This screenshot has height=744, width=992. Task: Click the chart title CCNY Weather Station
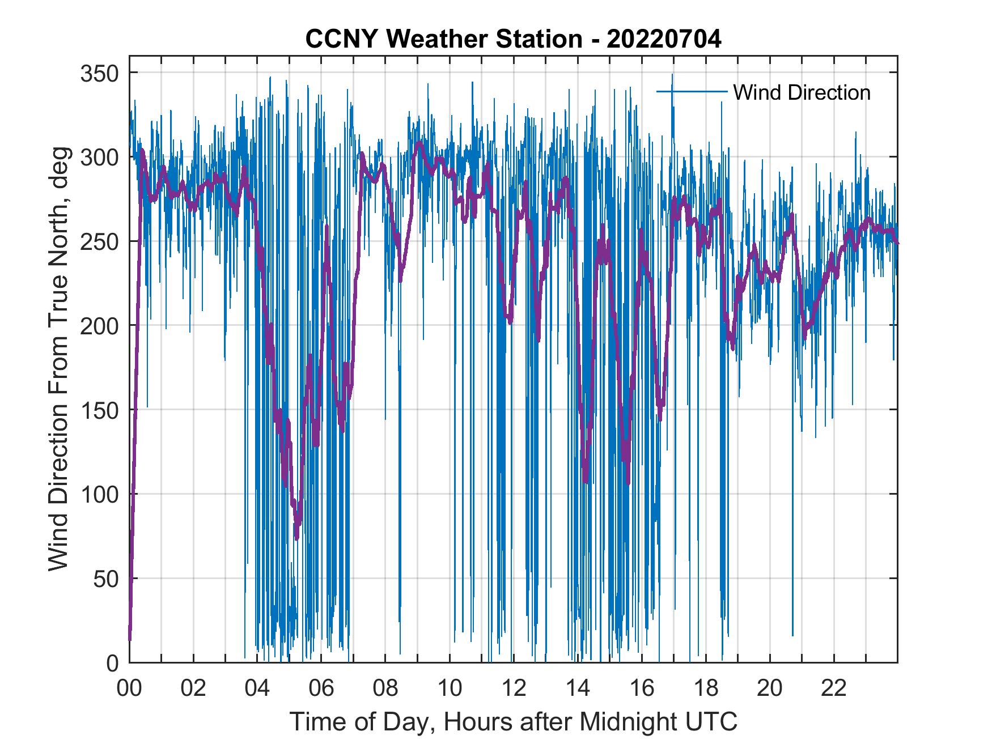pos(513,40)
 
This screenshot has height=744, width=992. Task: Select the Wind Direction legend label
pos(802,92)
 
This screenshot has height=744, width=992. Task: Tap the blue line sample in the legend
pos(692,92)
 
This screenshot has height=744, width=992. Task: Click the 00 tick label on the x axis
pos(129,689)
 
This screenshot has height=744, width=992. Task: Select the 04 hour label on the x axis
pos(257,689)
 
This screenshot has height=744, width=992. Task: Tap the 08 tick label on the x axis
pos(385,689)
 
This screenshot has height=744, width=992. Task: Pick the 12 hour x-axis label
pos(514,689)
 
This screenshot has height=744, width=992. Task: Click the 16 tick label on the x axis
pos(642,689)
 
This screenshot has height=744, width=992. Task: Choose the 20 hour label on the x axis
pos(770,689)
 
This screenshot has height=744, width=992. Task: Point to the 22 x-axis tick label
pos(834,689)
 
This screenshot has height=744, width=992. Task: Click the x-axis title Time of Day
pos(514,722)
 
